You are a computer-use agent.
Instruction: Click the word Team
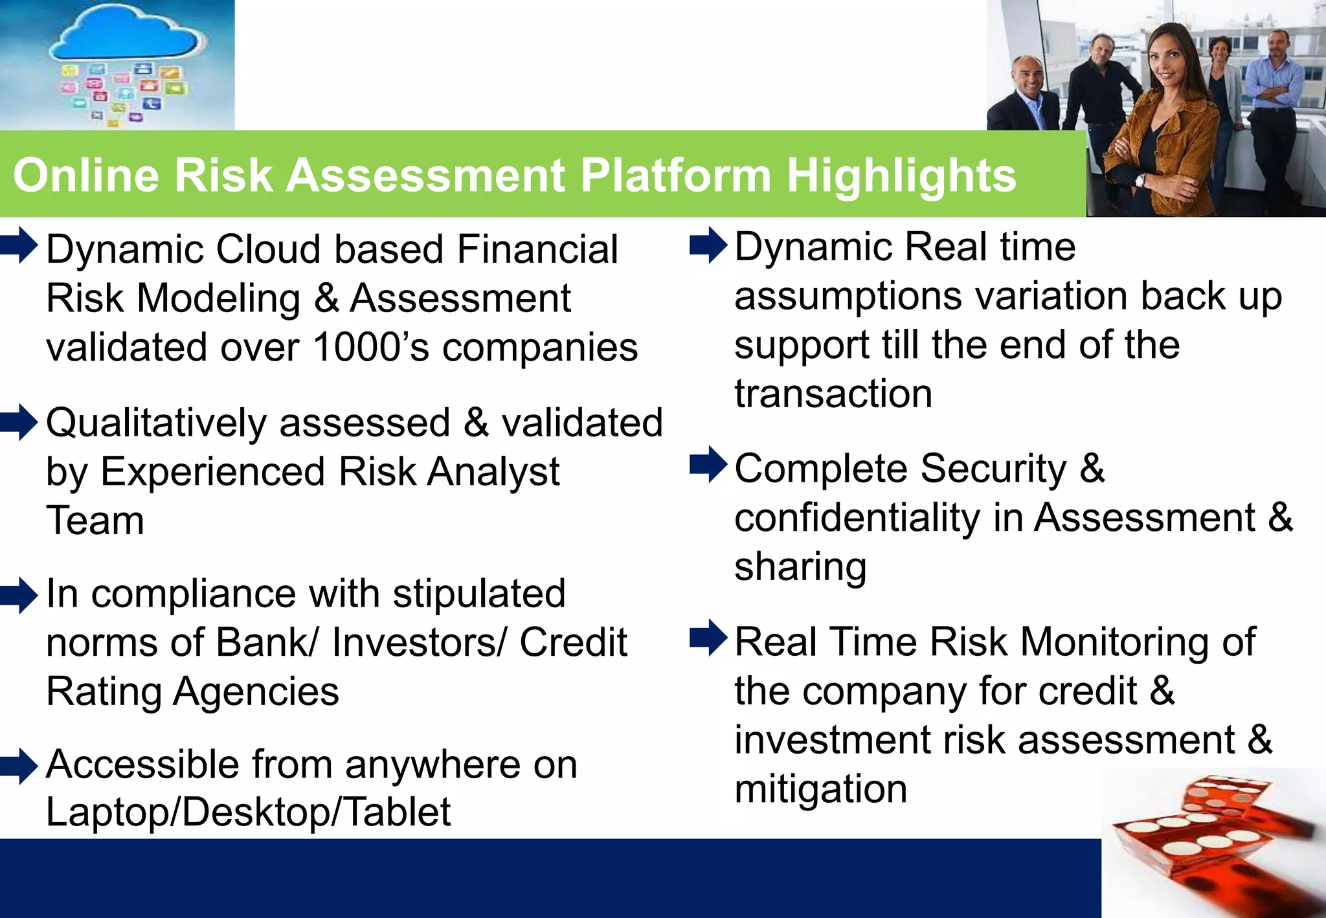pyautogui.click(x=95, y=521)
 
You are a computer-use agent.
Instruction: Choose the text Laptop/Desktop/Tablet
pyautogui.click(x=248, y=812)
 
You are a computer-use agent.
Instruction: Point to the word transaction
pyautogui.click(x=833, y=394)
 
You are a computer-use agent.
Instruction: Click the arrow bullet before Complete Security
pyautogui.click(x=708, y=464)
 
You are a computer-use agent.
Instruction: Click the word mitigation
pyautogui.click(x=820, y=789)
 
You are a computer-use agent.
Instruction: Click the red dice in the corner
pyautogui.click(x=1211, y=842)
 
